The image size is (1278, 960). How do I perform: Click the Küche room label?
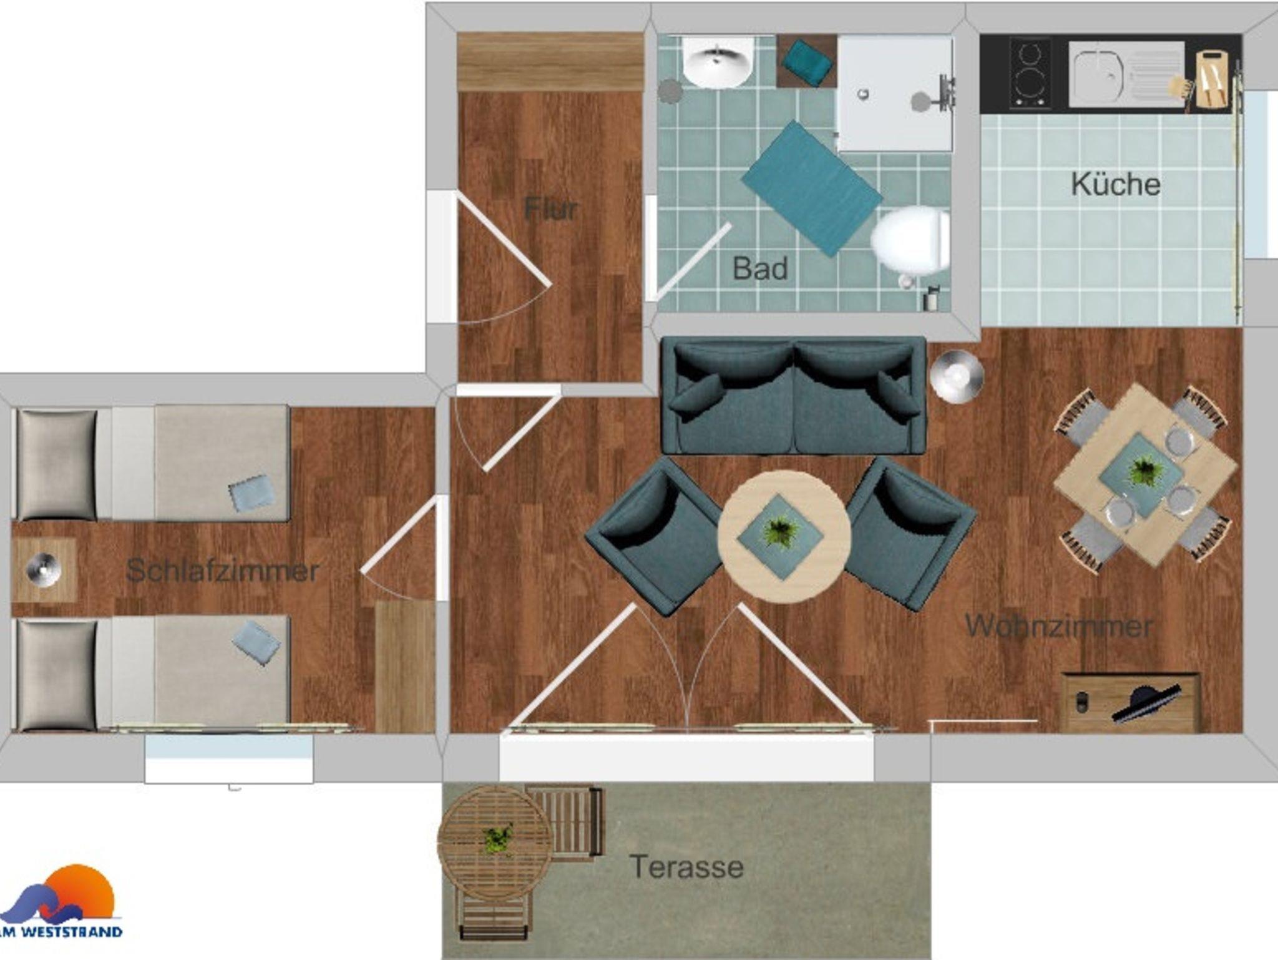point(1116,184)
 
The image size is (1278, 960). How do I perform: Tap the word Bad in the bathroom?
point(760,269)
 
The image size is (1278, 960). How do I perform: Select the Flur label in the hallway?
point(550,208)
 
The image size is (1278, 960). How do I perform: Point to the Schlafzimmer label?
point(223,571)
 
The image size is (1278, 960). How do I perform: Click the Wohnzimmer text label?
point(1058,626)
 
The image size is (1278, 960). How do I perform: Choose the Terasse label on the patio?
point(686,867)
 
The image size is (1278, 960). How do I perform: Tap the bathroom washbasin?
point(718,62)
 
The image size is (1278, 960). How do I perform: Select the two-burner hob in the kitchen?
point(1030,74)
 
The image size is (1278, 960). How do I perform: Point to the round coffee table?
point(784,537)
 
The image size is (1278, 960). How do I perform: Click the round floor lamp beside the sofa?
point(957,376)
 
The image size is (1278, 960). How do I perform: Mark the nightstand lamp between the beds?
point(44,569)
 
